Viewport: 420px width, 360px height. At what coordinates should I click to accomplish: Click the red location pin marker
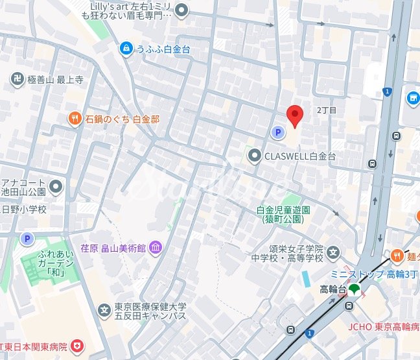pyautogui.click(x=295, y=115)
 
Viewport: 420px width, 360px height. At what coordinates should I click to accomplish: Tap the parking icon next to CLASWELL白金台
pyautogui.click(x=277, y=132)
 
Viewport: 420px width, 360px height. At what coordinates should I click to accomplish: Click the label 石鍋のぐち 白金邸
pyautogui.click(x=122, y=119)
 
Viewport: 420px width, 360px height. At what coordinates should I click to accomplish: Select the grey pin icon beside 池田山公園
pyautogui.click(x=57, y=188)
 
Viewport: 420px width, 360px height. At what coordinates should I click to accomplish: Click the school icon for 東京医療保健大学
pyautogui.click(x=104, y=311)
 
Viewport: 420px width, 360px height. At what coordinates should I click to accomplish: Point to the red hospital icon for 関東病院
pyautogui.click(x=78, y=344)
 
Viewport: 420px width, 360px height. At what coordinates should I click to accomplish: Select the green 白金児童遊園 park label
pyautogui.click(x=284, y=215)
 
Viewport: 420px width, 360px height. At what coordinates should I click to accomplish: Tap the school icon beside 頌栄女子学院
pyautogui.click(x=333, y=252)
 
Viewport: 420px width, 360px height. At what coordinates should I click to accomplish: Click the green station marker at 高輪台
pyautogui.click(x=354, y=290)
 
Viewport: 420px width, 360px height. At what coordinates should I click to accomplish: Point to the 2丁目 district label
pyautogui.click(x=327, y=111)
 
